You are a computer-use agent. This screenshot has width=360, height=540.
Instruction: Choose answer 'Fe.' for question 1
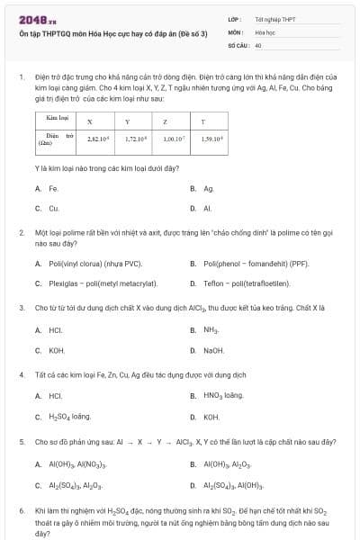click(x=54, y=188)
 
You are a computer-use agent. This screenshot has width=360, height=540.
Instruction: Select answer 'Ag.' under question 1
click(x=208, y=188)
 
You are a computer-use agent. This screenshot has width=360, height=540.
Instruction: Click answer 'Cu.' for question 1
click(x=54, y=208)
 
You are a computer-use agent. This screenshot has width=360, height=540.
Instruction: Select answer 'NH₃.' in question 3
click(x=211, y=329)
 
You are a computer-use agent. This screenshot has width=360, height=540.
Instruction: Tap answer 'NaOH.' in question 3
click(x=213, y=349)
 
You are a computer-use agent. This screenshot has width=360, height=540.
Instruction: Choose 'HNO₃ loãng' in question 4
click(x=223, y=395)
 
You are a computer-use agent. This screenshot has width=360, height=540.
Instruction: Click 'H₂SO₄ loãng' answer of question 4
click(x=69, y=416)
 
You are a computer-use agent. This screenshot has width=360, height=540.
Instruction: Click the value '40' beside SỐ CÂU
click(x=258, y=44)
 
